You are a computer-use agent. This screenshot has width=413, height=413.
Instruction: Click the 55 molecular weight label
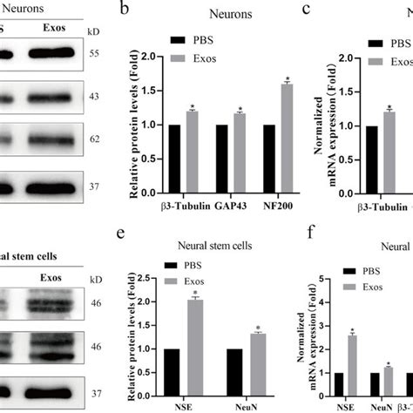[x=95, y=54]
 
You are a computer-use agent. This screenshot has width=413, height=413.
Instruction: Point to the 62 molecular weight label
[x=95, y=139]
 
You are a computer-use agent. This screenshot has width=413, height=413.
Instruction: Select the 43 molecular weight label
[x=95, y=96]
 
